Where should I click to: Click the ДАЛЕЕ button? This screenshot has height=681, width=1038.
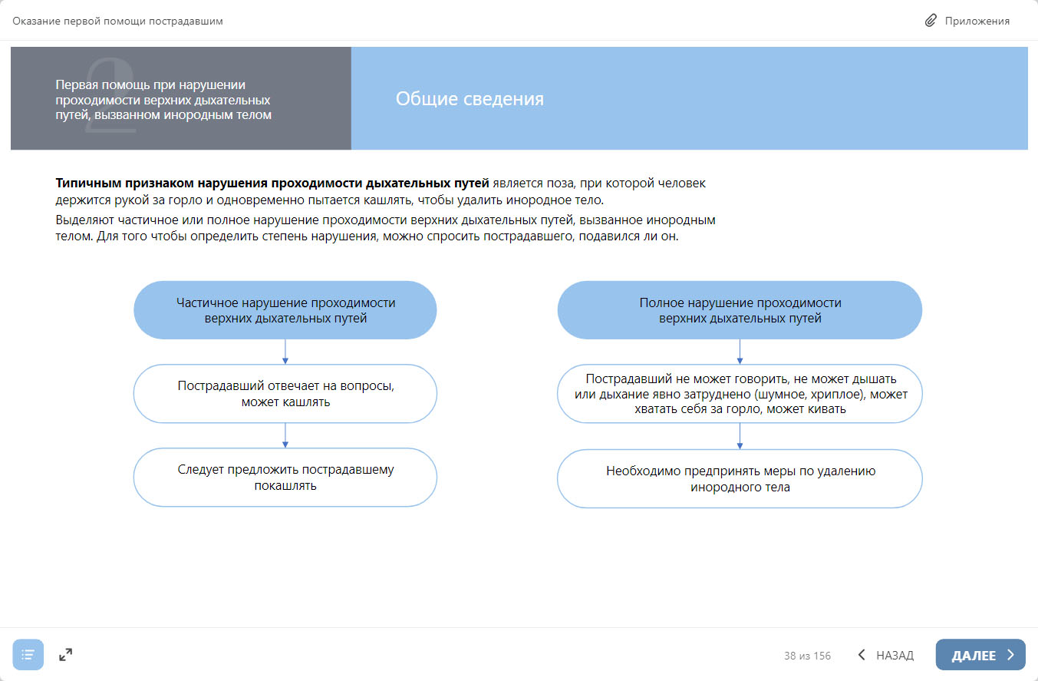coord(980,655)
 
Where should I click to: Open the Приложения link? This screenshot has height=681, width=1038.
coord(977,21)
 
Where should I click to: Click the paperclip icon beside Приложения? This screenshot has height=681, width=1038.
coord(931,21)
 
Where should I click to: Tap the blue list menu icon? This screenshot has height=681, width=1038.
coord(28,655)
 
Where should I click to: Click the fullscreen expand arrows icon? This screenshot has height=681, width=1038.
coord(66,655)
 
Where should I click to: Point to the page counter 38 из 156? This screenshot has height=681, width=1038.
coord(807,656)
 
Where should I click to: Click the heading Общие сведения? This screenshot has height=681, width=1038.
coord(470,99)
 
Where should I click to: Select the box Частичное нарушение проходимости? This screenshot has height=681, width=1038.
coord(285,310)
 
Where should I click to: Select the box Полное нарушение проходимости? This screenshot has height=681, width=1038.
coord(740,310)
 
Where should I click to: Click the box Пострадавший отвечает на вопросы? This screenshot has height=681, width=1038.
coord(285,394)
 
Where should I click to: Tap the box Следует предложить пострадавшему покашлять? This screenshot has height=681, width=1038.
coord(285,478)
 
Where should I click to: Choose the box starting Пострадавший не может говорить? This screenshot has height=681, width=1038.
coord(740,394)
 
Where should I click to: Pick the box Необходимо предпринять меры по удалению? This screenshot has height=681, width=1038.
coord(740,479)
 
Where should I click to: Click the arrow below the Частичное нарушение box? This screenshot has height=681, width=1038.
coord(285,352)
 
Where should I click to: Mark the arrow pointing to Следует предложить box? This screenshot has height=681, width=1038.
coord(285,435)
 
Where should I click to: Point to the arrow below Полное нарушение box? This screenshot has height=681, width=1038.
coord(740,352)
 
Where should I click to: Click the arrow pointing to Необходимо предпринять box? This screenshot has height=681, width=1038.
coord(740,436)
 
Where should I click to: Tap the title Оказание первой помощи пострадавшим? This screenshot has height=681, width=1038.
coord(117,21)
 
